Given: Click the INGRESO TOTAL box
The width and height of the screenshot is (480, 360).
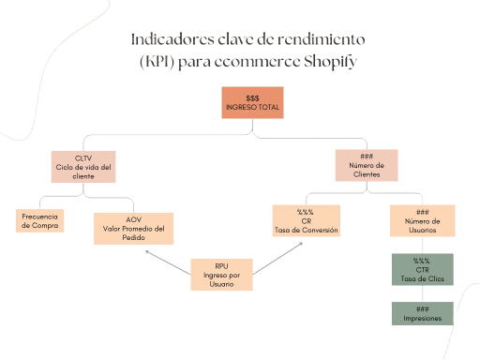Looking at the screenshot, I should (252, 103).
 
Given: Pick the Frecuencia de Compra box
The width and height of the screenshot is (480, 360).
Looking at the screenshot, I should (40, 220).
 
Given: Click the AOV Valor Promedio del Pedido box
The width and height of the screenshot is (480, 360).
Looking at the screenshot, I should (132, 228).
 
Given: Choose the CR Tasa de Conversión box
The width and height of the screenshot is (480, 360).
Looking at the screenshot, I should (306, 220).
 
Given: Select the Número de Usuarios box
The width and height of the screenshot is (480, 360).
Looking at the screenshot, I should (423, 221).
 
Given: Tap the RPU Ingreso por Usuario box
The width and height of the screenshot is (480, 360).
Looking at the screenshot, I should (222, 274).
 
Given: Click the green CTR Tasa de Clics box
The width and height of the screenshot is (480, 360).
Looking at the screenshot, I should (422, 270).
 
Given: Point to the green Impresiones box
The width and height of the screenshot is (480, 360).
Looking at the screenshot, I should (422, 313).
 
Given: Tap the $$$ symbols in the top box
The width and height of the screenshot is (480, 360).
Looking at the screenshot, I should (252, 97).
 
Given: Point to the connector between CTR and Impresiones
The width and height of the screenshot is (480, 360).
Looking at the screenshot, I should (422, 293).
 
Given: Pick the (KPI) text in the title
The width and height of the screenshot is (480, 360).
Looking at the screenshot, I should (157, 62).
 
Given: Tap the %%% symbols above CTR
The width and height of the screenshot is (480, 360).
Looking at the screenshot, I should (422, 261).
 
